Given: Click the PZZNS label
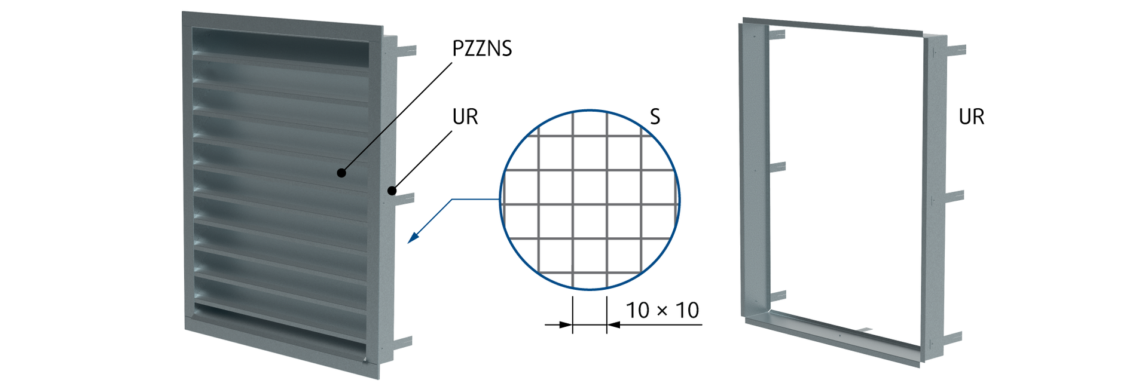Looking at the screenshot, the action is point(482,48).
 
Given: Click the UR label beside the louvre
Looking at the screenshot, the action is point(465,117).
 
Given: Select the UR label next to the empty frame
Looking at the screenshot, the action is point(971,117).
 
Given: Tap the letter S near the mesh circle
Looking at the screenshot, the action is point(655,117).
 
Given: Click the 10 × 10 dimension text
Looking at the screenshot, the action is point(662,310).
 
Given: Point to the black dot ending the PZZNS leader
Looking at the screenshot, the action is point(341,173).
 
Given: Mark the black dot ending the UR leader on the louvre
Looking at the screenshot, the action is point(392,191).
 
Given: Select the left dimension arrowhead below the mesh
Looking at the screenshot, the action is point(566,324).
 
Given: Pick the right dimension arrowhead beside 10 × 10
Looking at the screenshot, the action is point(613,324).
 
